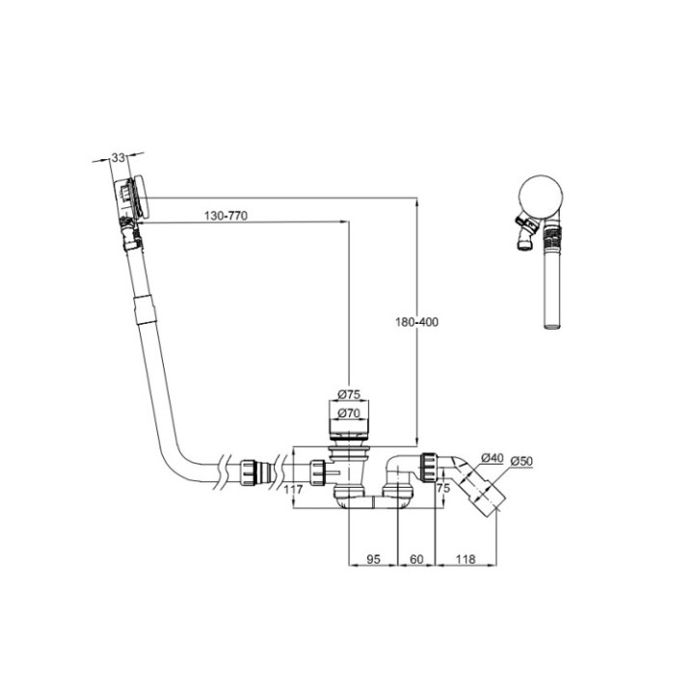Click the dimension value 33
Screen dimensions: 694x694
click(119, 156)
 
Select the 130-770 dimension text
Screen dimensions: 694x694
click(227, 216)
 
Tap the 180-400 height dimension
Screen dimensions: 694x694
click(416, 322)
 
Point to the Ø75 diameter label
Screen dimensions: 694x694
click(348, 394)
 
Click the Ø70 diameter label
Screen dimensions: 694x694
click(348, 414)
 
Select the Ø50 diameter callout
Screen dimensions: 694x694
click(522, 461)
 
